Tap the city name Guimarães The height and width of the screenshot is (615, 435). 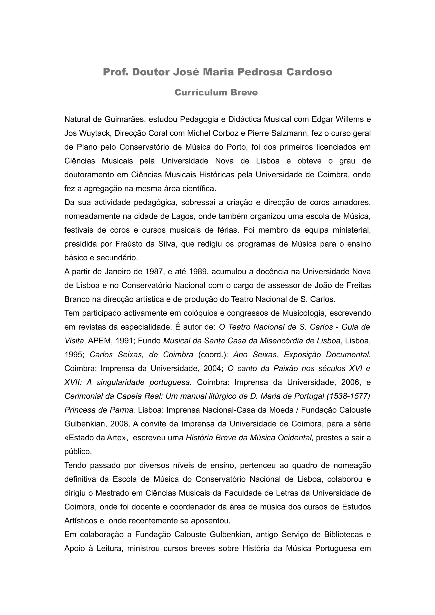coord(124,119)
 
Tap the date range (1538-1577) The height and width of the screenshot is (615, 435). coord(348,396)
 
